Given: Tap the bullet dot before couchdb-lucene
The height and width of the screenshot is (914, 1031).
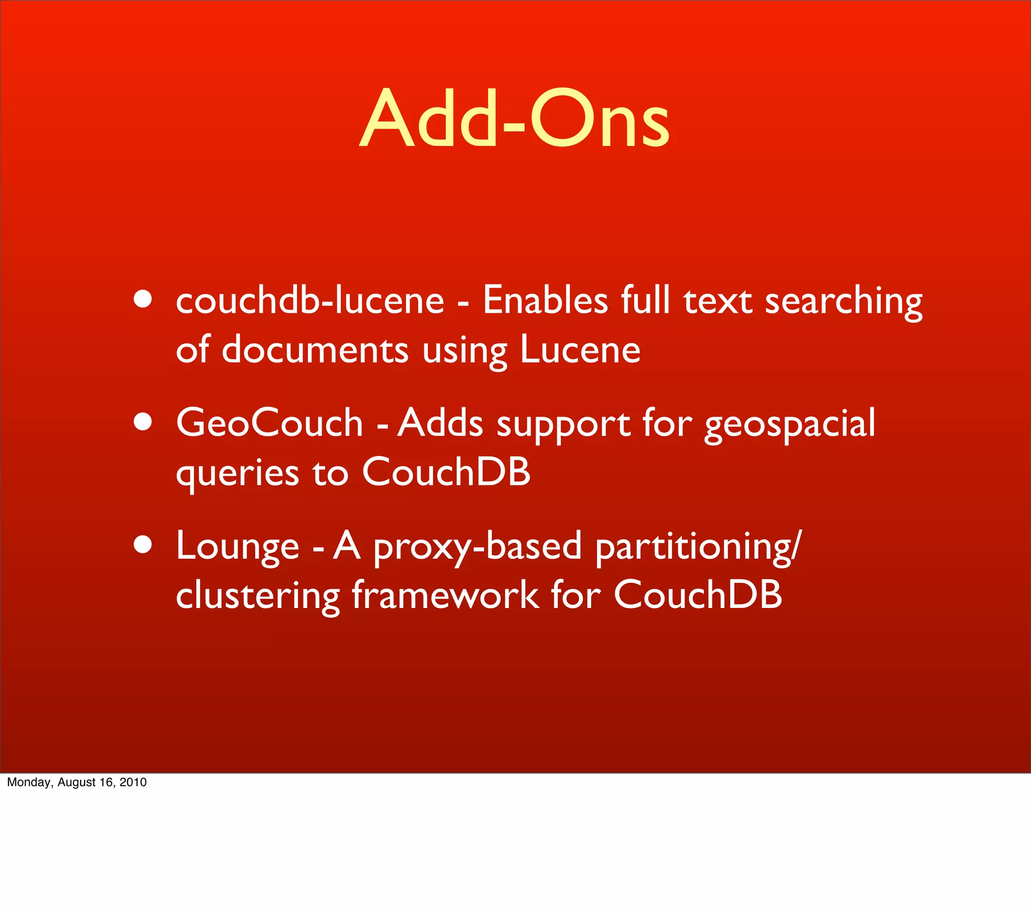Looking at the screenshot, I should [143, 298].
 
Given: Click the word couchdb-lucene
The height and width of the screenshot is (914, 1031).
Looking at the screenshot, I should [310, 300].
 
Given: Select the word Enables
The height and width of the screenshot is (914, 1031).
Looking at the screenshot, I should [545, 300].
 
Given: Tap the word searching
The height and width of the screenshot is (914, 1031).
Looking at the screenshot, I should [843, 302].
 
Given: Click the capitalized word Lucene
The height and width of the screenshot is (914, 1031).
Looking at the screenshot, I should [580, 350].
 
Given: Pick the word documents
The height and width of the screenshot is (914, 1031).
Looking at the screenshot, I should [315, 350].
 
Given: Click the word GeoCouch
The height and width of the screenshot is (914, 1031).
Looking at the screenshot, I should [269, 423].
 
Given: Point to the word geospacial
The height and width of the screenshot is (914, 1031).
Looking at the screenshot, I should [789, 425].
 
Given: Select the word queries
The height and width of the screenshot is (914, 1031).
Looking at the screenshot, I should [237, 474].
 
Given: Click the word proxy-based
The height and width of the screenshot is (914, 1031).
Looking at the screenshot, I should [477, 548].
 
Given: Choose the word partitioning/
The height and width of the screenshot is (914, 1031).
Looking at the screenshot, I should [698, 548].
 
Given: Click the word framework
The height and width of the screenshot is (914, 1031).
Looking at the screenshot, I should [445, 595].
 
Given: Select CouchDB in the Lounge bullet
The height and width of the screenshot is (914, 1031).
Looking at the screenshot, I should [698, 595].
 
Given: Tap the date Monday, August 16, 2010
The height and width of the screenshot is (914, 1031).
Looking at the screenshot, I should [77, 782].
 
